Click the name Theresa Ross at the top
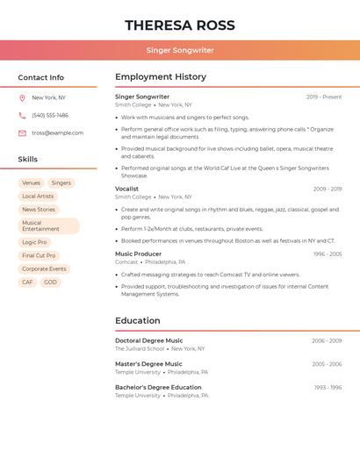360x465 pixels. [180, 25]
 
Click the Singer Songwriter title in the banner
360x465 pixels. [180, 50]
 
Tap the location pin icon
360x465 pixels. [22, 97]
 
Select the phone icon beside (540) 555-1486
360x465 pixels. [22, 115]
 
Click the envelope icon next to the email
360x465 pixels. [22, 132]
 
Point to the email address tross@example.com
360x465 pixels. [57, 132]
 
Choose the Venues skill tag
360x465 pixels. [32, 183]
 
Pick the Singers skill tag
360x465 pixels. [61, 183]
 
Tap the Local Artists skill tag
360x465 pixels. [38, 197]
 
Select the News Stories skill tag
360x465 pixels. [39, 210]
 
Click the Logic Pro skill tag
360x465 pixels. [34, 242]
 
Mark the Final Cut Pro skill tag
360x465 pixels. [39, 255]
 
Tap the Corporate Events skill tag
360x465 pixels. [44, 269]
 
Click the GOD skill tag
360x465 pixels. [51, 283]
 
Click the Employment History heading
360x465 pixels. [161, 77]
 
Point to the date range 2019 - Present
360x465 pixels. [324, 97]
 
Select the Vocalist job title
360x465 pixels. [127, 189]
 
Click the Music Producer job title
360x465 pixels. [138, 254]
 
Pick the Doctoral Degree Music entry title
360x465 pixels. [149, 340]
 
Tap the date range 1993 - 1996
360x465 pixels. [328, 387]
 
